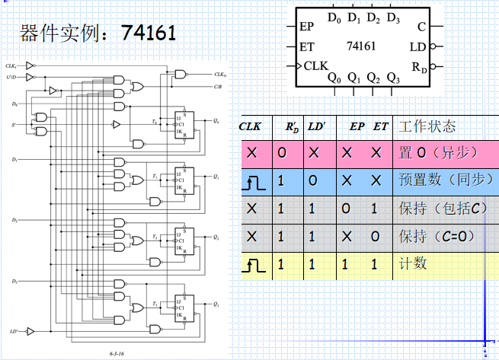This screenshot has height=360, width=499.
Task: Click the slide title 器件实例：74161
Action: tap(99, 33)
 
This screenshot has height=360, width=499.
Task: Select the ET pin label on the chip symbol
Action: tap(307, 46)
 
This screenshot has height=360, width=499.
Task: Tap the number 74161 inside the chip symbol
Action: tap(361, 46)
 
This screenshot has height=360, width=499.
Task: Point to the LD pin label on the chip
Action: tap(417, 47)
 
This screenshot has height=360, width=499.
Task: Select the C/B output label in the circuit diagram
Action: tap(219, 86)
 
